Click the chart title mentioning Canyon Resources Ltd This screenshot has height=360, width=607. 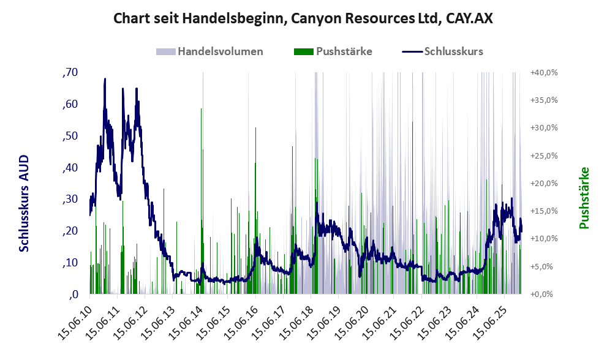[303, 19]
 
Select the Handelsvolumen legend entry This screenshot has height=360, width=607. [220, 51]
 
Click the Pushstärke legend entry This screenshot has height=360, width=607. [344, 51]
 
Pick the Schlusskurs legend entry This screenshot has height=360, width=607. [453, 51]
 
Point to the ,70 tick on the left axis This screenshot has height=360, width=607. [70, 72]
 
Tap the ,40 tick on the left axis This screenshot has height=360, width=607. [70, 167]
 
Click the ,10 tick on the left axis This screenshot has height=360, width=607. [70, 263]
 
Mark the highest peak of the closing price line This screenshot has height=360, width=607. [105, 79]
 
